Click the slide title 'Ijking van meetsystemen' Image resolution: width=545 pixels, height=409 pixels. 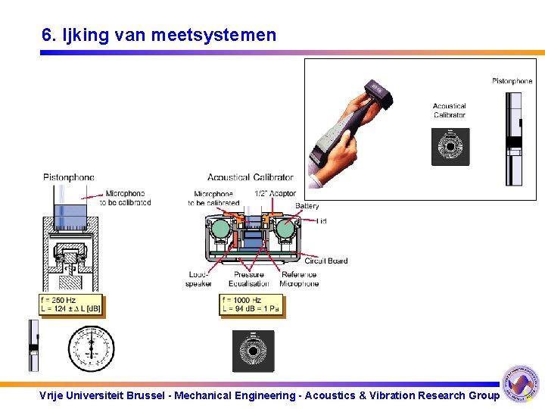pos(159,35)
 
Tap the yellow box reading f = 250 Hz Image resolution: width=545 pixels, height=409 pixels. pos(70,304)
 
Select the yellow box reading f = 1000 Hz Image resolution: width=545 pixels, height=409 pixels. pos(251,304)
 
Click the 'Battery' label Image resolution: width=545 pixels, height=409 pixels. pos(307,206)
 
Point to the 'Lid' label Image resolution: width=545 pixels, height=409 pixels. pos(322,221)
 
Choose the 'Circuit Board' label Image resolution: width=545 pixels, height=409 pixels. pos(325,261)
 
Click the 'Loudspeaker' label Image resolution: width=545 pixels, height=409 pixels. pos(198,279)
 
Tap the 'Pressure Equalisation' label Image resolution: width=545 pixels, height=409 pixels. pos(250,279)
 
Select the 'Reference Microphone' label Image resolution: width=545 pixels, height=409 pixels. pos(299,279)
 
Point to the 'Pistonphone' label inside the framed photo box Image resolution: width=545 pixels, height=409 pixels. pos(512,81)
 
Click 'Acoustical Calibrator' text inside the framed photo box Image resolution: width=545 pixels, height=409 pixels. pos(450,111)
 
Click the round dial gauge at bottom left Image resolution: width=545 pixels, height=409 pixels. pos(91,348)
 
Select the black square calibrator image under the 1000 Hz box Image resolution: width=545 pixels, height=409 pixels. pos(252,351)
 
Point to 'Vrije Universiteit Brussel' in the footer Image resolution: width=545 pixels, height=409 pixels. pos(103,395)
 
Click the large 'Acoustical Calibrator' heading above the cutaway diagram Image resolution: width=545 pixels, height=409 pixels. pos(250,177)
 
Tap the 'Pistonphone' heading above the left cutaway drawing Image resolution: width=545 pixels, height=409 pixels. pos(69,177)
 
